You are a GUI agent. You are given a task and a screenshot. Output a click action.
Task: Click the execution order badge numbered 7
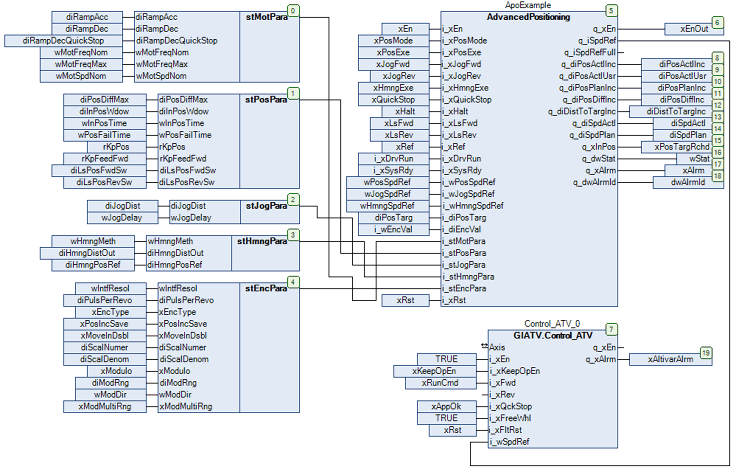click(611, 329)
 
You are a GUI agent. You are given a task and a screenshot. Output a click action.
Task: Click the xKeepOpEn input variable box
click(434, 371)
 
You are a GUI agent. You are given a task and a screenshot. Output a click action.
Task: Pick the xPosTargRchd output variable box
click(681, 147)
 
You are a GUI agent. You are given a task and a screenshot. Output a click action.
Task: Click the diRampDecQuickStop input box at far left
click(63, 41)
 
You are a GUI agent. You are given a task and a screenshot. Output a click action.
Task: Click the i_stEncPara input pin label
click(464, 289)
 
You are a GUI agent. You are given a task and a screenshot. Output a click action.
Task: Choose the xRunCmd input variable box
click(440, 383)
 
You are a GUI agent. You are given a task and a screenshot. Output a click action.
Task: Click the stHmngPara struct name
click(262, 242)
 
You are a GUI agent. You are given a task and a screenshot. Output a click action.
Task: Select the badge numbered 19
click(706, 353)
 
